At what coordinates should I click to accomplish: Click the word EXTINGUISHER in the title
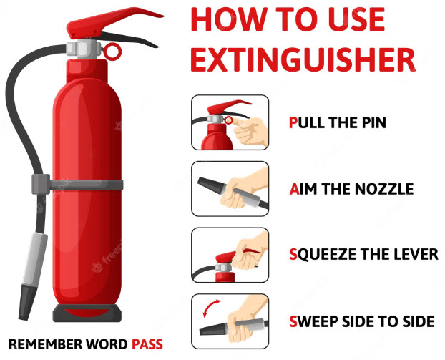coord(303,60)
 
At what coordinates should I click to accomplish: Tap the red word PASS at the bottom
coord(147,344)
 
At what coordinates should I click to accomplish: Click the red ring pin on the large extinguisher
coord(112,52)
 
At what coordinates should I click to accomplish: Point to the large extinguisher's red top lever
coord(114,22)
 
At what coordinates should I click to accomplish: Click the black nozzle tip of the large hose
coord(27,303)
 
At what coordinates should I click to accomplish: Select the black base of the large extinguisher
coord(87,313)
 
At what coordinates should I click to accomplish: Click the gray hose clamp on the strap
coord(41,184)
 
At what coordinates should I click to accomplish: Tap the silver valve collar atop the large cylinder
coord(84,49)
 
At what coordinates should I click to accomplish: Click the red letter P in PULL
coord(293,122)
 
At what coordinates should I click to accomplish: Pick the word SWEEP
coord(314,321)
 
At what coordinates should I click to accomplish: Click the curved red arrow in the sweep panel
coord(210,307)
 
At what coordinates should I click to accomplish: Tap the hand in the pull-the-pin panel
coord(250,132)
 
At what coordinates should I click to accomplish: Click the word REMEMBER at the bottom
coord(46,344)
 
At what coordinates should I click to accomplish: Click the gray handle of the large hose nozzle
coord(34,259)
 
